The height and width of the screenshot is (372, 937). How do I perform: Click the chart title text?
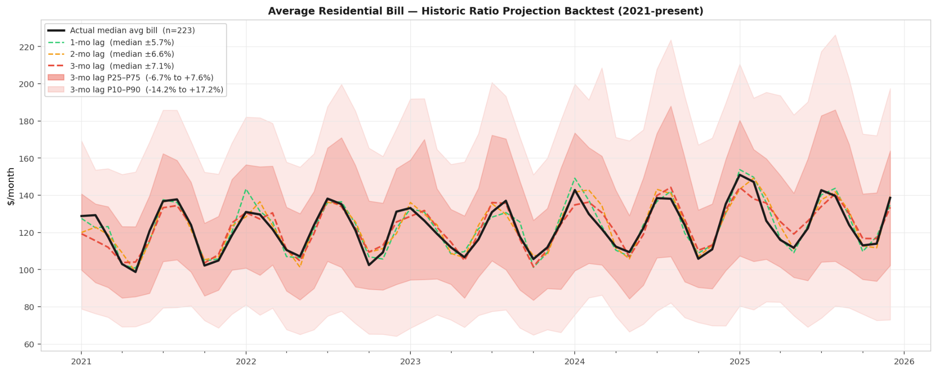coord(485,11)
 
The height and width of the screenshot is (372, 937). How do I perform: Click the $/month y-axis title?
coord(11,186)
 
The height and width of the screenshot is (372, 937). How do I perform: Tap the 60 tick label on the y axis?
coord(29,344)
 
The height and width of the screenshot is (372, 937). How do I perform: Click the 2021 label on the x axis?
coord(81,361)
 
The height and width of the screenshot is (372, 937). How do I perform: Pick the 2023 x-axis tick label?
coord(410,361)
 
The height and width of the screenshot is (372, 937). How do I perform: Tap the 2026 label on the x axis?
coord(904,361)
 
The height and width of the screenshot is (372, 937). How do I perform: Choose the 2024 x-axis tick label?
coord(575,361)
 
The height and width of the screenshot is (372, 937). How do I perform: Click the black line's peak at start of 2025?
coord(739,175)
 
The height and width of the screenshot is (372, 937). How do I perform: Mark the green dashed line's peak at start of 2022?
coord(246,189)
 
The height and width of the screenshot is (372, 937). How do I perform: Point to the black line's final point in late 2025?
coord(890,197)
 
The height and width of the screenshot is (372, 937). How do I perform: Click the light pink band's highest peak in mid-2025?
coord(835,35)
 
